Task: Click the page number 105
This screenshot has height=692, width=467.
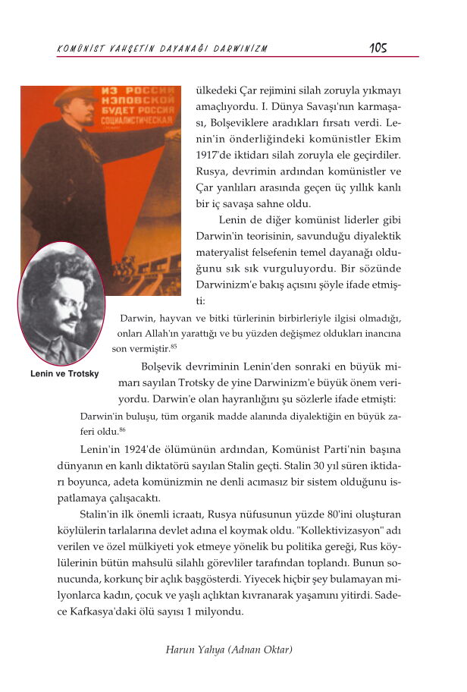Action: tap(378, 48)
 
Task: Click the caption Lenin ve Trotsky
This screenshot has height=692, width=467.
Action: tap(64, 374)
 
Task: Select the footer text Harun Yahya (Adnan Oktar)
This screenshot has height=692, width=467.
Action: tap(229, 650)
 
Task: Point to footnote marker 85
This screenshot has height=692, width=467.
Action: tap(174, 347)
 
